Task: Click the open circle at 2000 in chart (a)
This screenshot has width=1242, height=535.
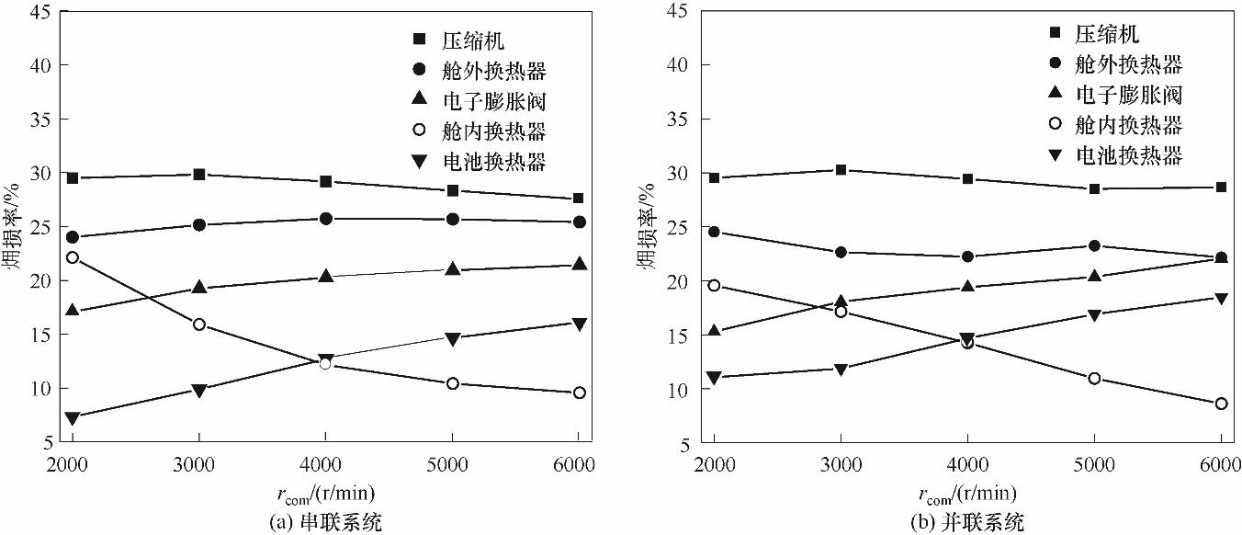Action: (72, 257)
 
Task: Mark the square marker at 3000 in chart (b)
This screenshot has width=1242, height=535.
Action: (841, 169)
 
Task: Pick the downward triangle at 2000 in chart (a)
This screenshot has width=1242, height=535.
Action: (72, 417)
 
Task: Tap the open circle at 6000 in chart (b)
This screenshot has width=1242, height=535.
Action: (1221, 404)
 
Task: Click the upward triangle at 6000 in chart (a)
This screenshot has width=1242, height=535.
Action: (579, 264)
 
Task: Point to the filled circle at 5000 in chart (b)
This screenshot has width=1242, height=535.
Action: (1094, 245)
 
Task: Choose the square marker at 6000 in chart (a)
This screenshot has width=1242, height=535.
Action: (579, 198)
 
